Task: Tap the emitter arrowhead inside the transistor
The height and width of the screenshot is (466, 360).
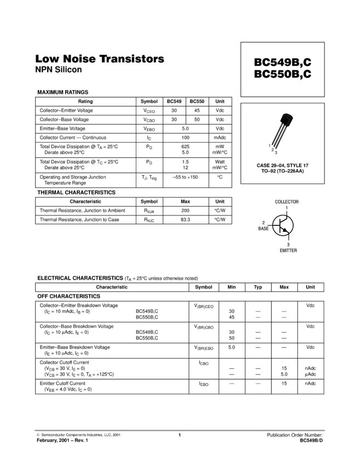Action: pyautogui.click(x=285, y=230)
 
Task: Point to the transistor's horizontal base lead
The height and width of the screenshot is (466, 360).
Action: pyautogui.click(x=277, y=225)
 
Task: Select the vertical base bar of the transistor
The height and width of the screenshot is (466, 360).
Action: pyautogui.click(x=281, y=225)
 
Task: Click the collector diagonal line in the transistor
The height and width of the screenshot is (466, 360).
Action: pyautogui.click(x=284, y=221)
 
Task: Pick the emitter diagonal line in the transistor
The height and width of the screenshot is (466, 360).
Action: pyautogui.click(x=283, y=229)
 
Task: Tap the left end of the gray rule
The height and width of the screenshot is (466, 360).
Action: pyautogui.click(x=35, y=430)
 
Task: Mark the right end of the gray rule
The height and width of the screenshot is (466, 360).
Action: pyautogui.click(x=325, y=430)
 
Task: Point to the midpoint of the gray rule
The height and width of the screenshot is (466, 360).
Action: pyautogui.click(x=180, y=430)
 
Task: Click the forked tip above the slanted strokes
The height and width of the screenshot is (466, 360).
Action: pyautogui.click(x=289, y=117)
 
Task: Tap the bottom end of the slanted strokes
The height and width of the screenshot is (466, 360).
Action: pyautogui.click(x=274, y=147)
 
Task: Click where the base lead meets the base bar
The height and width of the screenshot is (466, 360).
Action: pyautogui.click(x=281, y=225)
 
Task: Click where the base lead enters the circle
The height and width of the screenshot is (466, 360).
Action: pyautogui.click(x=273, y=225)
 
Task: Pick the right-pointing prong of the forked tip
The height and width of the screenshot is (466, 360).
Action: pyautogui.click(x=292, y=119)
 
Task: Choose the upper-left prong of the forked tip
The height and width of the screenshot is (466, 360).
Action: pyautogui.click(x=285, y=115)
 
